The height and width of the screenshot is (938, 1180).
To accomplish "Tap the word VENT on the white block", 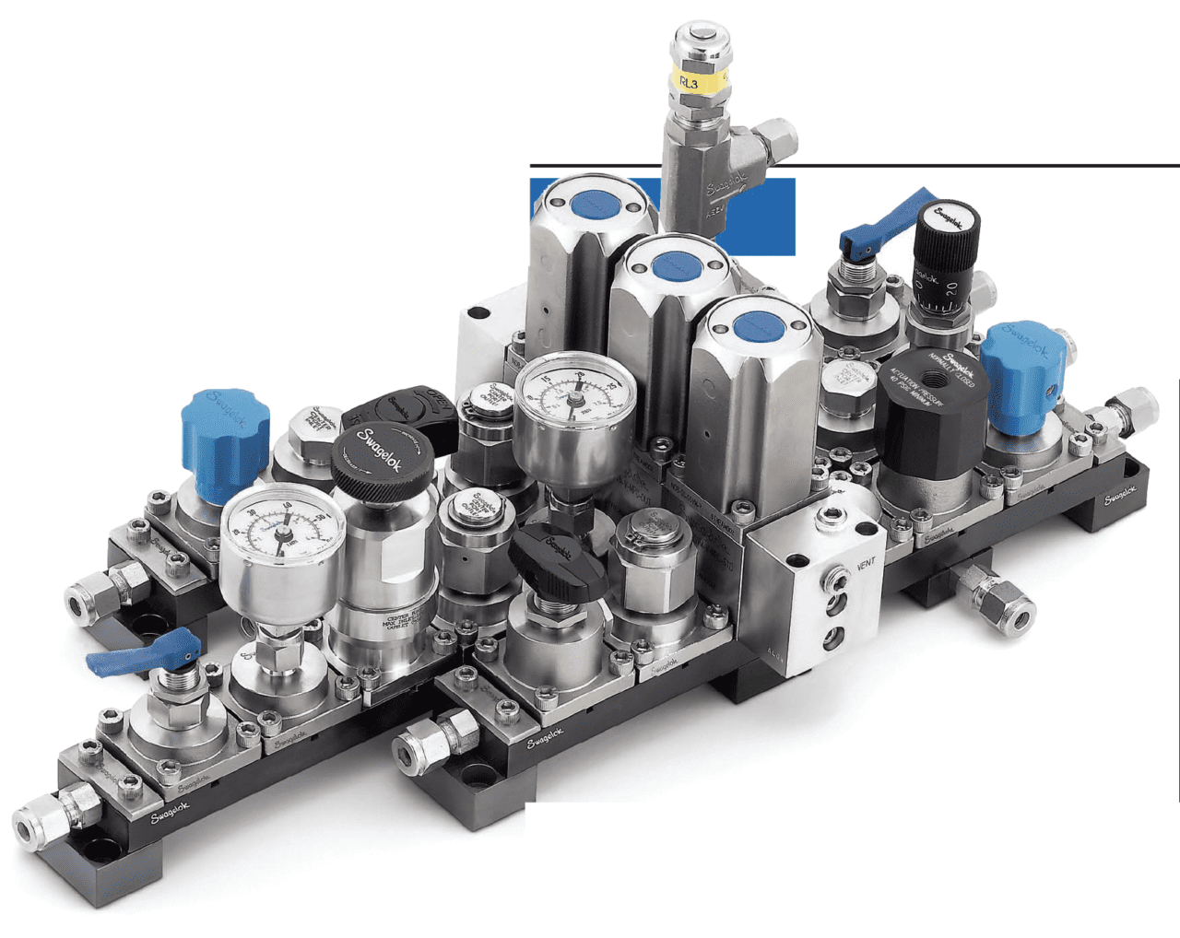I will (x=867, y=564).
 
